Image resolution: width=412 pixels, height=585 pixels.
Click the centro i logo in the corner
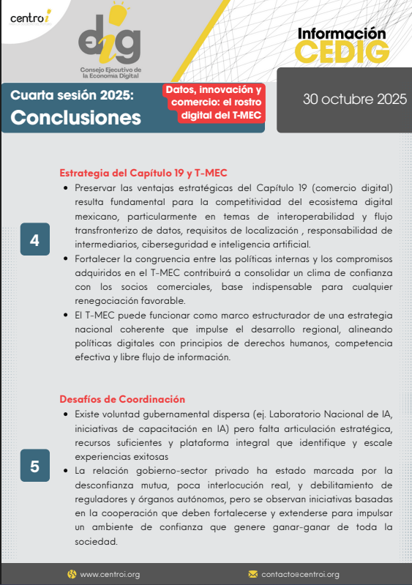click(x=27, y=17)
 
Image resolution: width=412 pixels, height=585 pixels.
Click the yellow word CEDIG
click(x=342, y=52)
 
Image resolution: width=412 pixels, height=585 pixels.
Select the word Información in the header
click(x=342, y=33)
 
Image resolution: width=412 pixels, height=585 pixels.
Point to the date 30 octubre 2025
click(x=355, y=100)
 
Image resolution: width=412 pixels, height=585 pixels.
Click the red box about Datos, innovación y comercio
click(x=213, y=103)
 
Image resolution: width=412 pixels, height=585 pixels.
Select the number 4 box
click(x=34, y=239)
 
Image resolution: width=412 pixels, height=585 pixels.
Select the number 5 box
click(x=34, y=466)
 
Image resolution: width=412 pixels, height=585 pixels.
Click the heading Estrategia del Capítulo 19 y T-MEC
click(x=143, y=174)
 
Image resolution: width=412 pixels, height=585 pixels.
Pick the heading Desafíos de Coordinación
click(x=122, y=399)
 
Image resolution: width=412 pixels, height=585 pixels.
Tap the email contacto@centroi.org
click(x=300, y=574)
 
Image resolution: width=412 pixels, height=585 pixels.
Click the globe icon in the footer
click(x=72, y=574)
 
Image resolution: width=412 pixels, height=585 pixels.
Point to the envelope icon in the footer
click(x=253, y=574)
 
